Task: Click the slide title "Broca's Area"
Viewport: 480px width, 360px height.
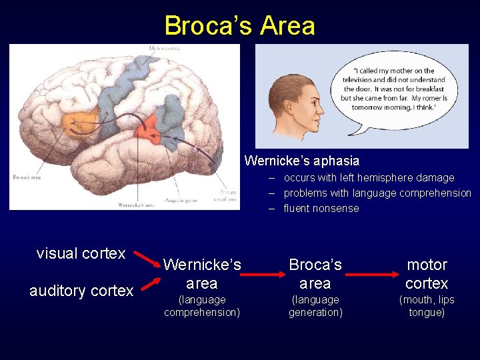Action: (239, 25)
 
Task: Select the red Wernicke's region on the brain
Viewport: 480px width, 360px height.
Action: (147, 127)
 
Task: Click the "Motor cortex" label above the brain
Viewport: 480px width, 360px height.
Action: (164, 47)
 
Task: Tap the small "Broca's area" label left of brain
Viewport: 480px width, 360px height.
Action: (26, 177)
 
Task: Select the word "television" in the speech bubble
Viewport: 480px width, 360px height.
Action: (365, 79)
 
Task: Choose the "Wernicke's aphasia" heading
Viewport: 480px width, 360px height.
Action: (301, 161)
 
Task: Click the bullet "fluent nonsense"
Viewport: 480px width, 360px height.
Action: (321, 208)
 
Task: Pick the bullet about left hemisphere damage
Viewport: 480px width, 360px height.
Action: (369, 177)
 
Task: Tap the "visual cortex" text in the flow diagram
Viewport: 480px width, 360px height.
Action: (81, 253)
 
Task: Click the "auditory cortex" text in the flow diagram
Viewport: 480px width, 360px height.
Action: (81, 291)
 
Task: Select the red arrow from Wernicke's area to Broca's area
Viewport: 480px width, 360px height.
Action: (264, 274)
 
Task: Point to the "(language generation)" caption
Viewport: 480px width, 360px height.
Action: (315, 306)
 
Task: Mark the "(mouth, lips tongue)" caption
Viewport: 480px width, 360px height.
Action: (427, 306)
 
